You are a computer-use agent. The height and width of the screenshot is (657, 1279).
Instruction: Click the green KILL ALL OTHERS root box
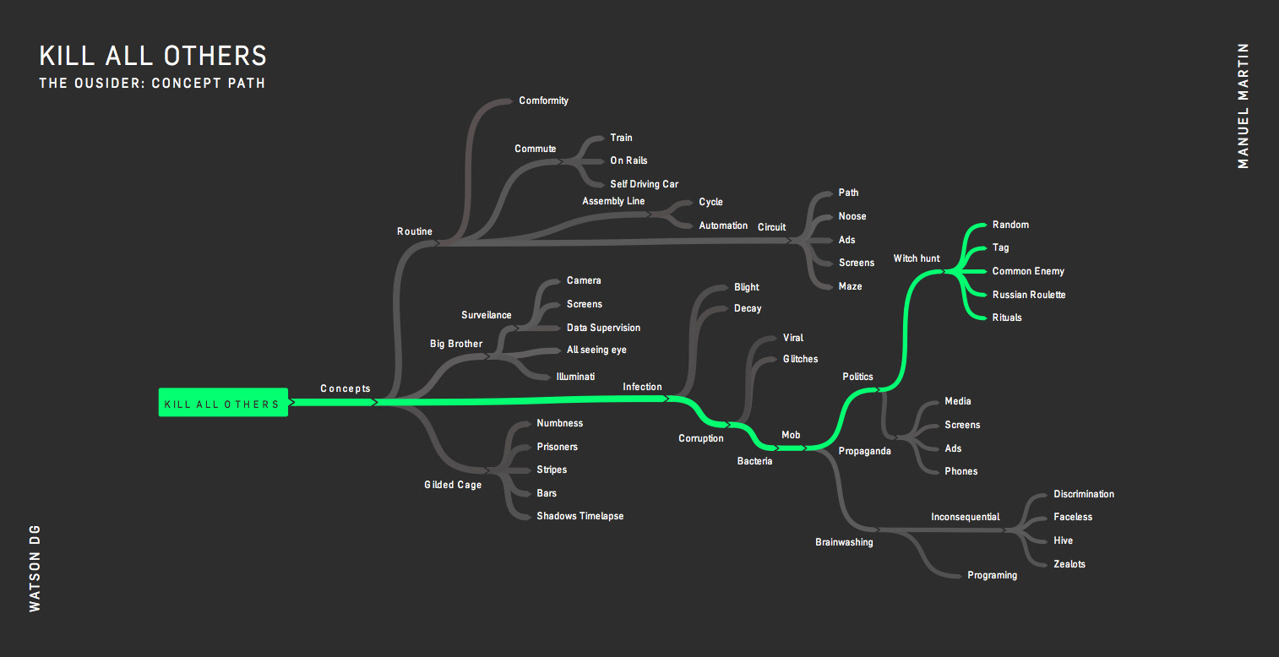(223, 403)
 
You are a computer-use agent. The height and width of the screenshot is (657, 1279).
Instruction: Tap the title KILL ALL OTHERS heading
(153, 56)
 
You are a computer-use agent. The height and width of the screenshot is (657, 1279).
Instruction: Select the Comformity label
(543, 100)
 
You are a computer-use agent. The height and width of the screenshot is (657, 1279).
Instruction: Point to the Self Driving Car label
(644, 184)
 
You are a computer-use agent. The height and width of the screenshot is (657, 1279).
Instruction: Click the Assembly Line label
(613, 201)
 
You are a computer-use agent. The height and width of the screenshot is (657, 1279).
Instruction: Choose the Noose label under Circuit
(852, 216)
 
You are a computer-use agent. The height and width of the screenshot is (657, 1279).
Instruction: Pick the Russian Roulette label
(1028, 295)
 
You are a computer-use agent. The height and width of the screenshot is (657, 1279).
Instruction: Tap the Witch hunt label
(917, 258)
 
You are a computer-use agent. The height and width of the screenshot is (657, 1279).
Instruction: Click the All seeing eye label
(596, 350)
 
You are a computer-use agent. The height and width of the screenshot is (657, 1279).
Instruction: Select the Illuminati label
(575, 377)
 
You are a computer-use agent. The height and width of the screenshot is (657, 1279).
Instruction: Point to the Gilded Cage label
(453, 485)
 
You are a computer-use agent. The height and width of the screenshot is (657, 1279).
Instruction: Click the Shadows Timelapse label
(580, 516)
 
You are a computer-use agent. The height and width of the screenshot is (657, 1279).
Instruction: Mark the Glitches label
(800, 359)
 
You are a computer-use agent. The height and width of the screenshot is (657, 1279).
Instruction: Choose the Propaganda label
(864, 451)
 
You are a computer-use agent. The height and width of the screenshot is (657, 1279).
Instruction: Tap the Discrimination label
(1083, 494)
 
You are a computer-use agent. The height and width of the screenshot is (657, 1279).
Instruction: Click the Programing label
(992, 575)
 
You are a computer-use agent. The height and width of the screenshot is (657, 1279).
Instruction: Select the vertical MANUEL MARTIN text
(1243, 106)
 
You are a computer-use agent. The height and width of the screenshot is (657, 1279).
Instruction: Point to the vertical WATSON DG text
(35, 567)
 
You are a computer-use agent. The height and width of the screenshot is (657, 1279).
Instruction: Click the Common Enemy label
(1027, 271)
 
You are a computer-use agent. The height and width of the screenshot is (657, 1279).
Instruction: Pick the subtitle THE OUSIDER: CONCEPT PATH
(152, 84)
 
